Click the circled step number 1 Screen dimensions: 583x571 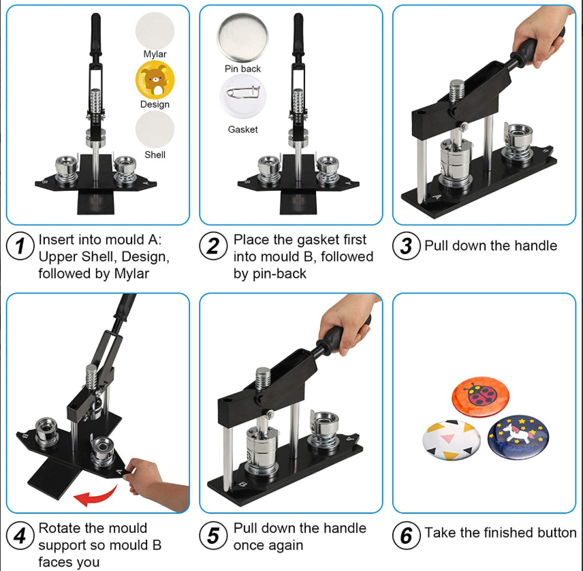pyautogui.click(x=20, y=246)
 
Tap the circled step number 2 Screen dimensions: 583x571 pyautogui.click(x=213, y=246)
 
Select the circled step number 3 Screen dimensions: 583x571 pyautogui.click(x=407, y=246)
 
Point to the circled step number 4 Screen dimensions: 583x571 pyautogui.click(x=20, y=536)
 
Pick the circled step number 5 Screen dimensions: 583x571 pyautogui.click(x=213, y=536)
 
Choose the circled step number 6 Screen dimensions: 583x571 pyautogui.click(x=407, y=536)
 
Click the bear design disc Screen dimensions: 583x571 pyautogui.click(x=155, y=80)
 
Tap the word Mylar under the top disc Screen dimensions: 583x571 pyautogui.click(x=155, y=54)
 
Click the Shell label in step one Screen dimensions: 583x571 pyautogui.click(x=155, y=155)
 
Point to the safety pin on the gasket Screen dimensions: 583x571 pyautogui.click(x=244, y=93)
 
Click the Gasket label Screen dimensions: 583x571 pyautogui.click(x=242, y=129)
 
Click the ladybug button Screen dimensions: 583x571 pyautogui.click(x=480, y=397)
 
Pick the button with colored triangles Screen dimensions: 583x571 pyautogui.click(x=452, y=440)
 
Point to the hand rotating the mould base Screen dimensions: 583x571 pyautogui.click(x=156, y=484)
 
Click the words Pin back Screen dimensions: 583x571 pyautogui.click(x=242, y=69)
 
